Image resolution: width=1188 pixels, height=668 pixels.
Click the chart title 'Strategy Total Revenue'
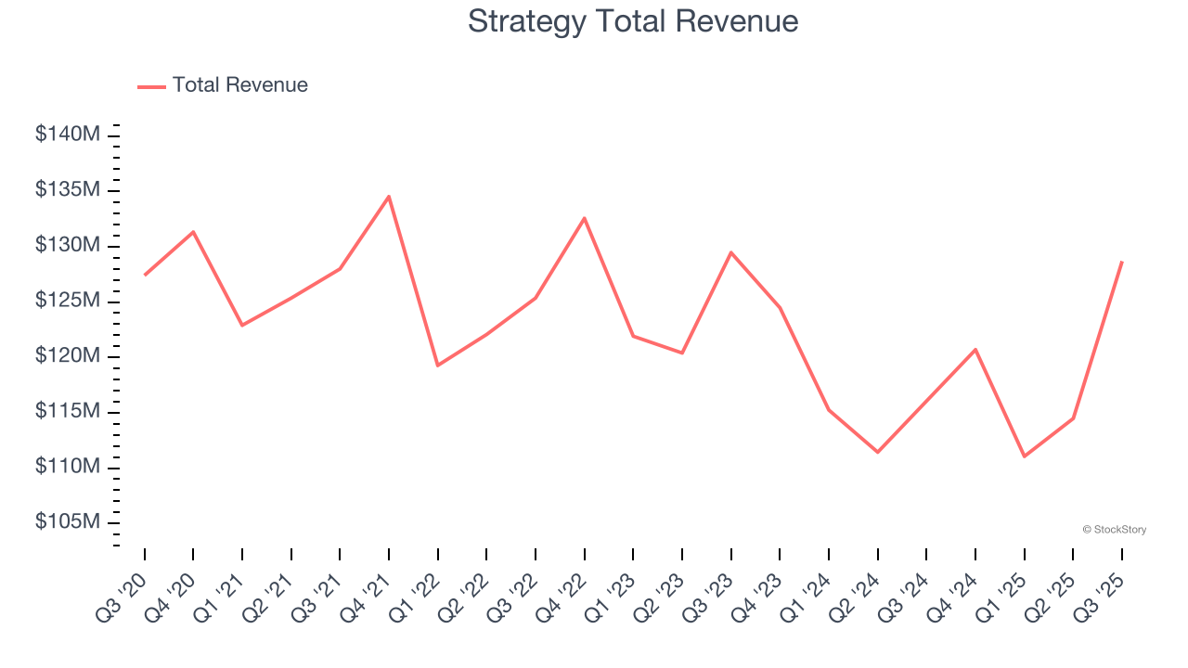coord(633,21)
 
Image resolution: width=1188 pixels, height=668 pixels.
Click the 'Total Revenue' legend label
coord(239,85)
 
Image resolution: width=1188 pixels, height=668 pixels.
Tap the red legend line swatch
coord(151,86)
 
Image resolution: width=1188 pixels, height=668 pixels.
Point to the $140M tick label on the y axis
coord(67,135)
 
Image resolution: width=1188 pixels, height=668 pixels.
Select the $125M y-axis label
coord(67,301)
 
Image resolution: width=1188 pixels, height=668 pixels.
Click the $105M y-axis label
coord(67,522)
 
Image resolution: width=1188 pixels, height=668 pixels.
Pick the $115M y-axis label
coord(67,411)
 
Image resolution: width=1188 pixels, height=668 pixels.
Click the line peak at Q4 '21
coord(389,196)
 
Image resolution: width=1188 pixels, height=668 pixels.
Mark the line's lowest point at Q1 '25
coord(1024,456)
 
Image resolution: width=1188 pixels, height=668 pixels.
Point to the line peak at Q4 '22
coord(584,218)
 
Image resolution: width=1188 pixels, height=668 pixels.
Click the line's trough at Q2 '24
coord(877,452)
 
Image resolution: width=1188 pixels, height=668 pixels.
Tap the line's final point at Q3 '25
coord(1121,262)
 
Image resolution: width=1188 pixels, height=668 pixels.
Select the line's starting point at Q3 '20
coord(145,275)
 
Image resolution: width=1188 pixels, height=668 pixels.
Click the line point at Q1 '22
coord(438,365)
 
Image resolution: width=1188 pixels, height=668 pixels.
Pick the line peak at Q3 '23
coord(730,252)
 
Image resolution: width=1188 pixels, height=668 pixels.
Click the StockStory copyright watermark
coord(1114,530)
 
